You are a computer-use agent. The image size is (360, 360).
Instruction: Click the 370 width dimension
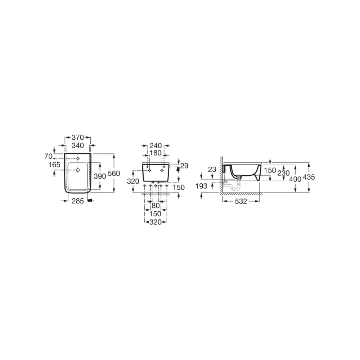(x=78, y=138)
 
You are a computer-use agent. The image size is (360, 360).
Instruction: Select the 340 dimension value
(x=78, y=145)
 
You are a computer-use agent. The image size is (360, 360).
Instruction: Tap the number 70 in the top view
(x=49, y=156)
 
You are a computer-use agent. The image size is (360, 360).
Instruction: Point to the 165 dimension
(x=54, y=165)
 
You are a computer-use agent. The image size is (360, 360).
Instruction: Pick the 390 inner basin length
(x=100, y=176)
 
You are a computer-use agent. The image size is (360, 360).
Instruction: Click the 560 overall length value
(x=114, y=174)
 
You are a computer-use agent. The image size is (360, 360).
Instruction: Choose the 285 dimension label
(x=78, y=201)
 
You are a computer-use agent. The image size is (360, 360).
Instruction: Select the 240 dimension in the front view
(x=156, y=145)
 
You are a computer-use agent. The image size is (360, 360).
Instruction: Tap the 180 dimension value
(x=156, y=153)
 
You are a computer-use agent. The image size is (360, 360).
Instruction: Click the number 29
(x=184, y=166)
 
